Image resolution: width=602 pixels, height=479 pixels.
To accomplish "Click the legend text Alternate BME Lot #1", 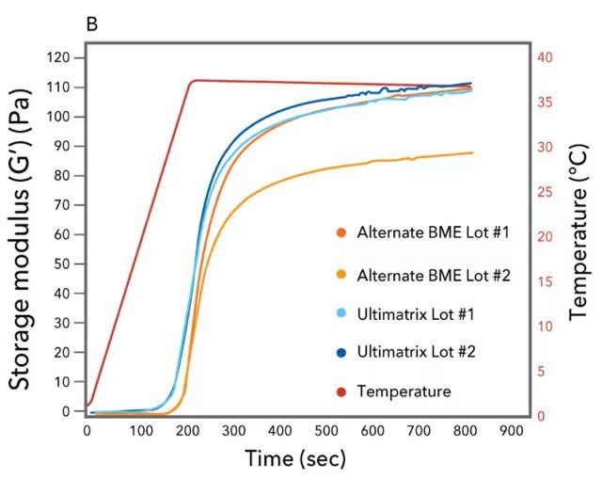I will pos(433,232).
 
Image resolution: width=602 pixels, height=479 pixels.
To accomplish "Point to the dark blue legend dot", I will pos(341,352).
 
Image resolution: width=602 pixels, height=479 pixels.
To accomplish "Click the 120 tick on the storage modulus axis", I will pos(59,57).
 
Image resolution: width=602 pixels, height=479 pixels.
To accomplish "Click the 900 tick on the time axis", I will pos(511,431).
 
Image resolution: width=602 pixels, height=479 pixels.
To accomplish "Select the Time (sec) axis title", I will pos(295,458).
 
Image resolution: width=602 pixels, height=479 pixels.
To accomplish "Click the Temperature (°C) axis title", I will pos(578,235).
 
